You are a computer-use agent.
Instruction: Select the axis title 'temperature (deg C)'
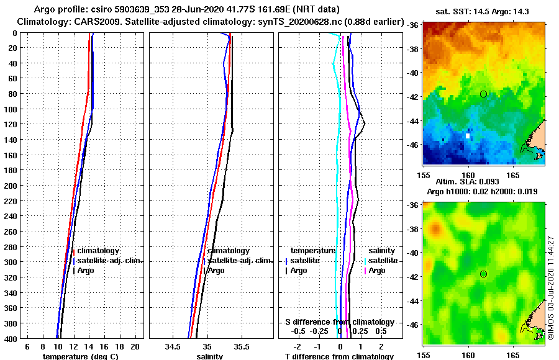(x=81, y=356)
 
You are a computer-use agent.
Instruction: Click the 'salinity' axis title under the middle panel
(x=210, y=356)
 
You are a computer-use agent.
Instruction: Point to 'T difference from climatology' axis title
(x=339, y=356)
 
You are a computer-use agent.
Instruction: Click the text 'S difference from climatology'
(x=339, y=322)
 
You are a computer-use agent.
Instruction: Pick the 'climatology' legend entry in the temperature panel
(x=98, y=250)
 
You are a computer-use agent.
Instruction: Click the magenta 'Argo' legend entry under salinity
(x=377, y=271)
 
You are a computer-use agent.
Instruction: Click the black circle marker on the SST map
(x=483, y=94)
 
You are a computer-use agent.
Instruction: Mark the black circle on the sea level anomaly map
(x=483, y=274)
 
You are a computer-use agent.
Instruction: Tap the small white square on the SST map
(x=468, y=135)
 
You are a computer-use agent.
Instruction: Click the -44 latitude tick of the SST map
(x=415, y=120)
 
